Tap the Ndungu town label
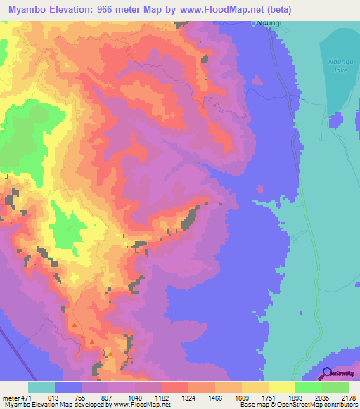coord(270,23)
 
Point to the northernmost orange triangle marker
coord(74,325)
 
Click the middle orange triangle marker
coord(93,342)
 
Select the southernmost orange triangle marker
coord(109,353)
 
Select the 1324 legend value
coord(188,398)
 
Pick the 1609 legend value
coord(241,398)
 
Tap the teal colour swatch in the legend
coord(41,387)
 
